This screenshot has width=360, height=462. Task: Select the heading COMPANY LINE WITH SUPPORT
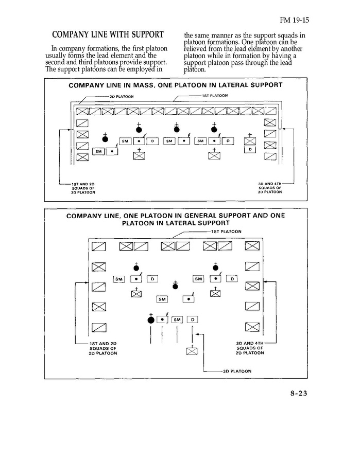click(x=108, y=35)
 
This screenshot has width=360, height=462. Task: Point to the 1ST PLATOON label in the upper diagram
click(x=215, y=95)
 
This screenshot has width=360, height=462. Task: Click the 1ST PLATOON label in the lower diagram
click(x=226, y=232)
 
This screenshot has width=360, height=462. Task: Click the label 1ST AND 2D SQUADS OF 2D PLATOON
click(x=103, y=348)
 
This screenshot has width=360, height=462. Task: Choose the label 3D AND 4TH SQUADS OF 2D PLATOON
click(x=250, y=348)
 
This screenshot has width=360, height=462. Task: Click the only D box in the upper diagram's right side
click(x=250, y=149)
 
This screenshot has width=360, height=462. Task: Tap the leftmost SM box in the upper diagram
click(x=98, y=151)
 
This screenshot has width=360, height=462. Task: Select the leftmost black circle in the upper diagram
click(x=106, y=138)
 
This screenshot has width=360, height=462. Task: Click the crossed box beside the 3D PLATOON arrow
click(x=192, y=352)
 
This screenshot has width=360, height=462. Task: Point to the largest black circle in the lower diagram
click(x=151, y=320)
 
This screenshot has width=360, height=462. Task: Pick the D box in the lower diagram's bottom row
click(x=192, y=319)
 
